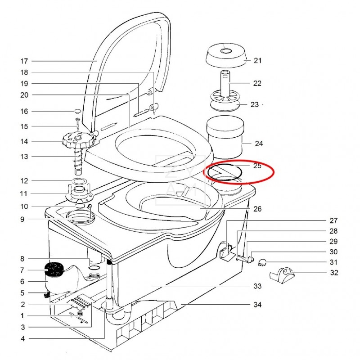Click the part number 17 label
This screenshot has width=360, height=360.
click(24, 61)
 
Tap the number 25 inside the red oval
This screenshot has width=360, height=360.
click(257, 166)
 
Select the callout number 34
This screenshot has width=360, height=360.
click(257, 305)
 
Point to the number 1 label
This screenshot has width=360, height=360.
click(22, 316)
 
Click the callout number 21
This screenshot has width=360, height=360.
click(257, 60)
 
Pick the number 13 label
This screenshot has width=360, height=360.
click(24, 157)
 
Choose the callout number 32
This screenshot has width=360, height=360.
click(334, 273)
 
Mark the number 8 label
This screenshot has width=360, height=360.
click(22, 259)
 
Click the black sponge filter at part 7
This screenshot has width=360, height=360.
click(54, 269)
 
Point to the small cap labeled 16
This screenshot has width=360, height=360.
click(77, 111)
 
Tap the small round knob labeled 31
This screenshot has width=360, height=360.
click(262, 262)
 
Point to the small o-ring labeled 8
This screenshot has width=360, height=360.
click(94, 267)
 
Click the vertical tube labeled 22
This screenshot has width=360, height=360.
click(225, 84)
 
